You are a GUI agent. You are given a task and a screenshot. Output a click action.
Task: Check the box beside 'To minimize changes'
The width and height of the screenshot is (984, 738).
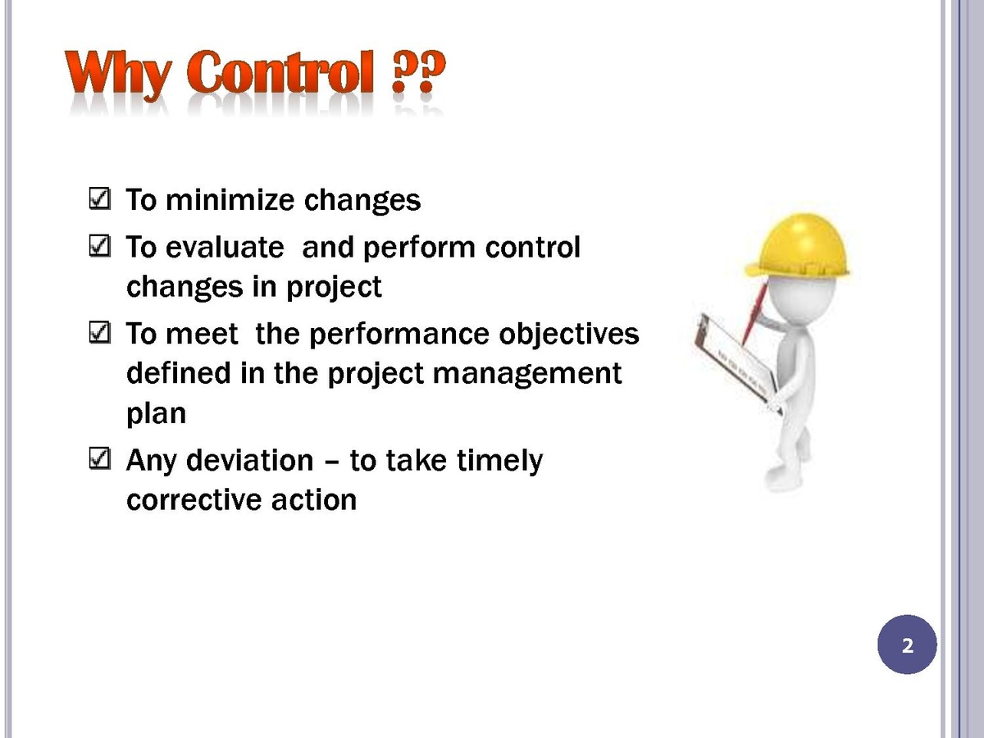99,198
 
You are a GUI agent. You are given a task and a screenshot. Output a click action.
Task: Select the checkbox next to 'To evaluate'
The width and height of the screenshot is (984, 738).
99,246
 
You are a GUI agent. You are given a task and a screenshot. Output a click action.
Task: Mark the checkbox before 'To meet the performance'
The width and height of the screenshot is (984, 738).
99,332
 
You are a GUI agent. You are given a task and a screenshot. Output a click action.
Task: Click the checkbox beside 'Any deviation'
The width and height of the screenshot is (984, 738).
99,459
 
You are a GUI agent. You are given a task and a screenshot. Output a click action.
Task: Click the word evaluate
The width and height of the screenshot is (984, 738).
225,247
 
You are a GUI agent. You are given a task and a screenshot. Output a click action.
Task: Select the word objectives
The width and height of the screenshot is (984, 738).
569,335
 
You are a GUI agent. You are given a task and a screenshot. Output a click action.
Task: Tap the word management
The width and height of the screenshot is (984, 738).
527,375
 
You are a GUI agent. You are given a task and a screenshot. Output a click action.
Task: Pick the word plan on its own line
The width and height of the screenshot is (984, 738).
157,414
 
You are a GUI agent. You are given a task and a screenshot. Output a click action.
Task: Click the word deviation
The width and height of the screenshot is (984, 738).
250,460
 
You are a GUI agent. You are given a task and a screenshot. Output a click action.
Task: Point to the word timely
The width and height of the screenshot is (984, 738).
499,462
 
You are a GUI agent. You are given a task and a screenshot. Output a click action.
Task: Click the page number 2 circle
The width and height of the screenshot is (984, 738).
907,645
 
